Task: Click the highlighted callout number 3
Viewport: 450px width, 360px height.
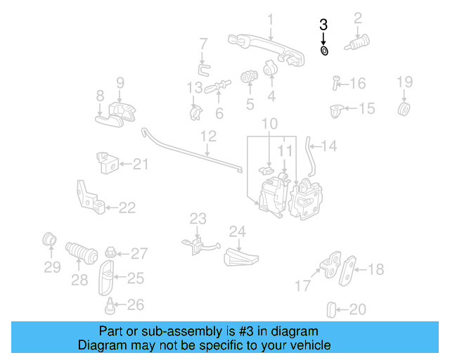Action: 323,24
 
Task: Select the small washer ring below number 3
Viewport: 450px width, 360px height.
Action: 324,51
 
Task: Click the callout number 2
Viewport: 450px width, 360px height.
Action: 358,18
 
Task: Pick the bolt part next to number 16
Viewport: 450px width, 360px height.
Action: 336,83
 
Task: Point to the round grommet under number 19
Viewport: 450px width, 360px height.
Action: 404,110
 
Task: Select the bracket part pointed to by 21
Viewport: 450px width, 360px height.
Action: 107,165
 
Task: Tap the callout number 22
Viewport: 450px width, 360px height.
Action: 127,207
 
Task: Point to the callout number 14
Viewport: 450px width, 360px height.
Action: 329,146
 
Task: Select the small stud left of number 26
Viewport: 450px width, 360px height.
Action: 110,305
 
